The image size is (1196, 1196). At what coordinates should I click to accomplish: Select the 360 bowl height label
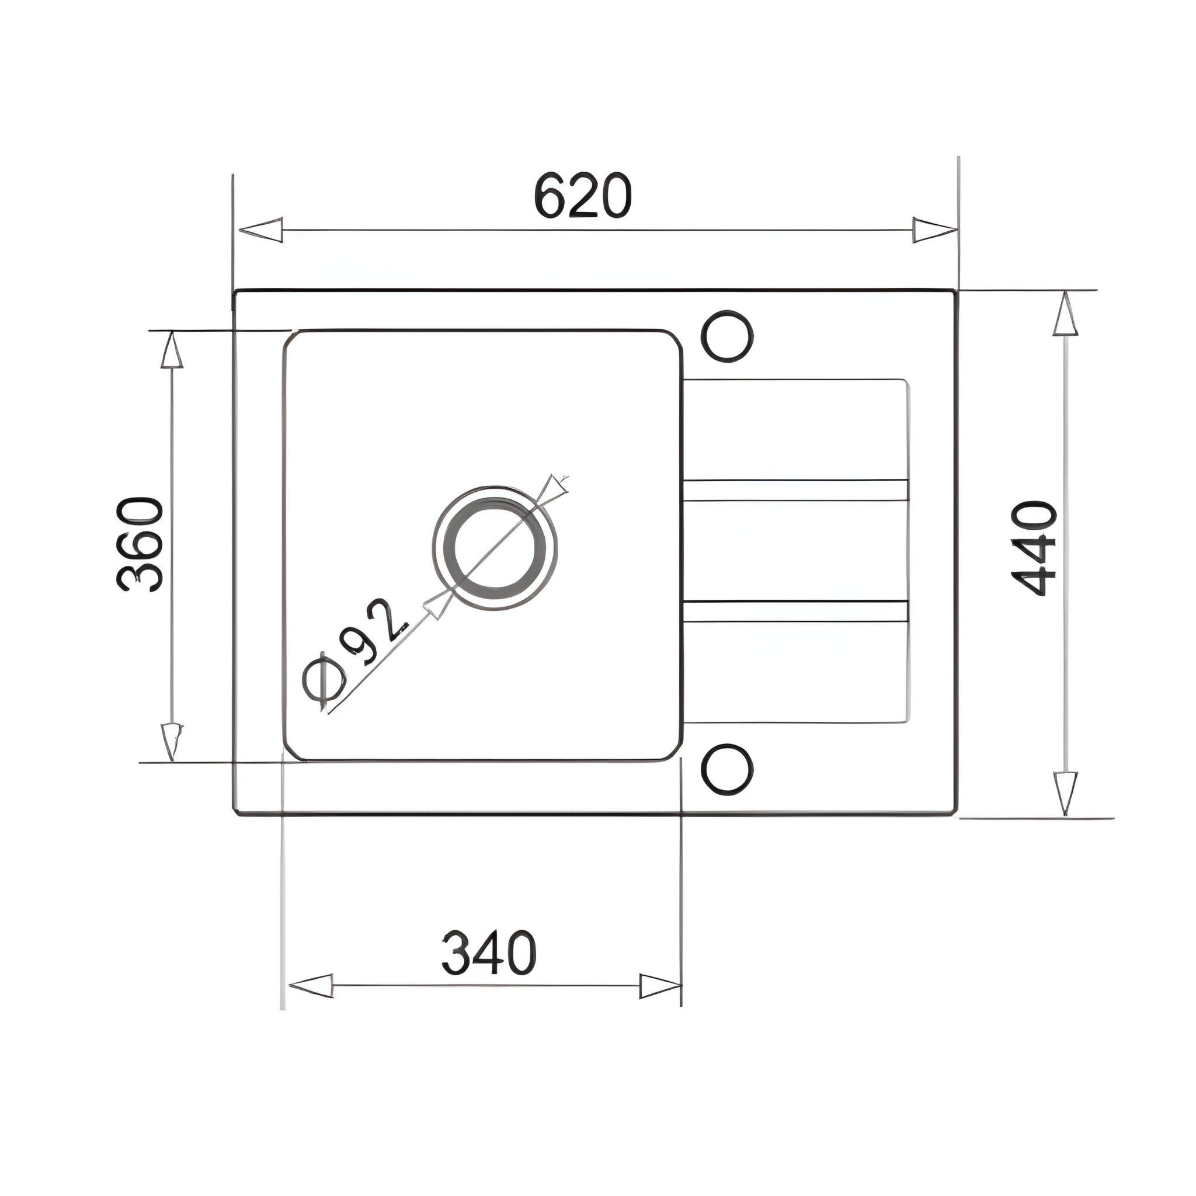[140, 544]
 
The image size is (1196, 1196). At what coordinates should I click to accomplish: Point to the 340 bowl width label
[488, 952]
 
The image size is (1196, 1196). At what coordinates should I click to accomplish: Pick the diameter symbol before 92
[324, 681]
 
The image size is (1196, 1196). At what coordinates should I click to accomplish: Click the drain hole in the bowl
[495, 548]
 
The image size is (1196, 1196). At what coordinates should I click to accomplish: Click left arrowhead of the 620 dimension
[260, 230]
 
